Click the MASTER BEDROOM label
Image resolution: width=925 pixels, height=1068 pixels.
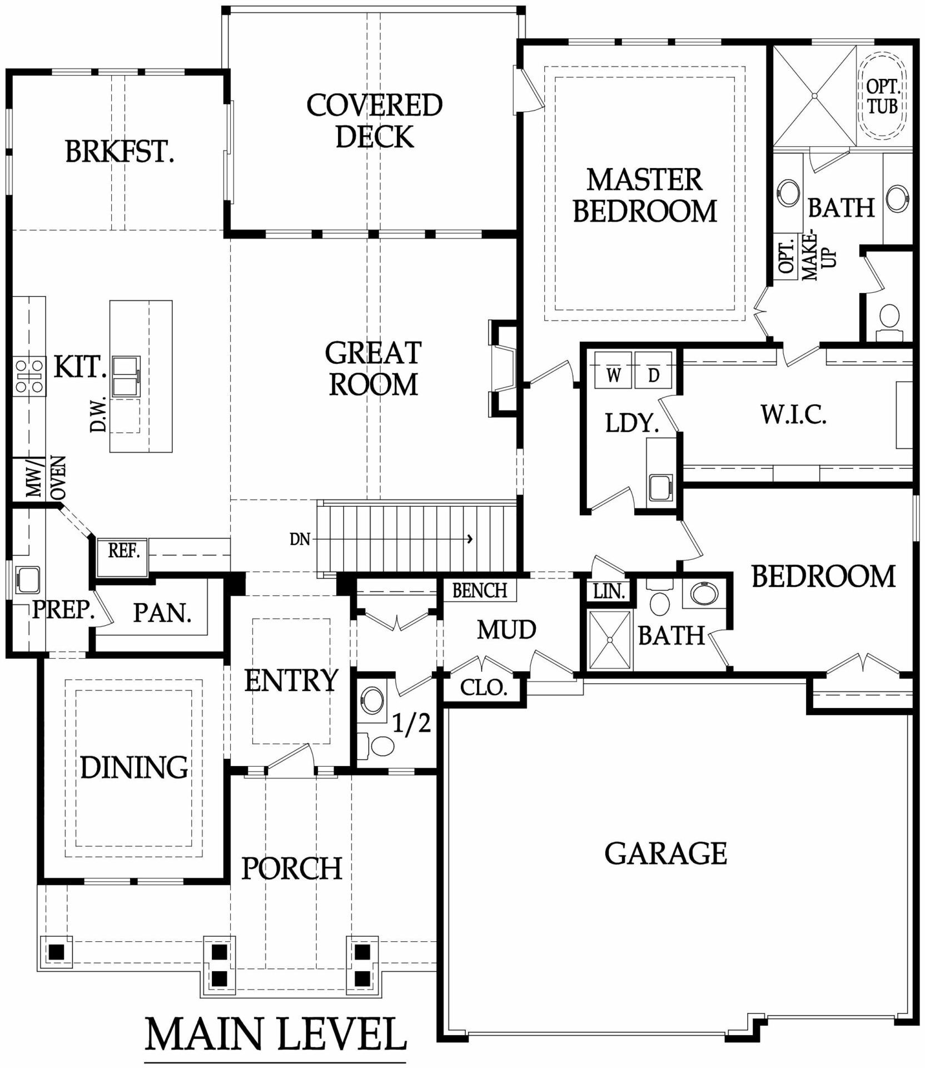(645, 195)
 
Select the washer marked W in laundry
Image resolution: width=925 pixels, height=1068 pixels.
(613, 370)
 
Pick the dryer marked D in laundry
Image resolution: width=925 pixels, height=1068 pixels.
(653, 370)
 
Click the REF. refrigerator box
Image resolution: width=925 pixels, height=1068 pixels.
(122, 557)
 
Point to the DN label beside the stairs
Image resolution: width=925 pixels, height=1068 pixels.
(300, 539)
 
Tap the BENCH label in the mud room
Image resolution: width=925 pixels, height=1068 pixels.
(480, 590)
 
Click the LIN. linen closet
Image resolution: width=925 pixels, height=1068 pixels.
(609, 591)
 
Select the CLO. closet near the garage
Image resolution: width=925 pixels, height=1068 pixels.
(484, 689)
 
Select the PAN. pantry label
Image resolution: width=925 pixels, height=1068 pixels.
(162, 613)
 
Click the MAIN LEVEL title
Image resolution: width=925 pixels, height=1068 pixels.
(276, 1035)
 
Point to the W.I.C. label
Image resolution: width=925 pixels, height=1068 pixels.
(793, 414)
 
